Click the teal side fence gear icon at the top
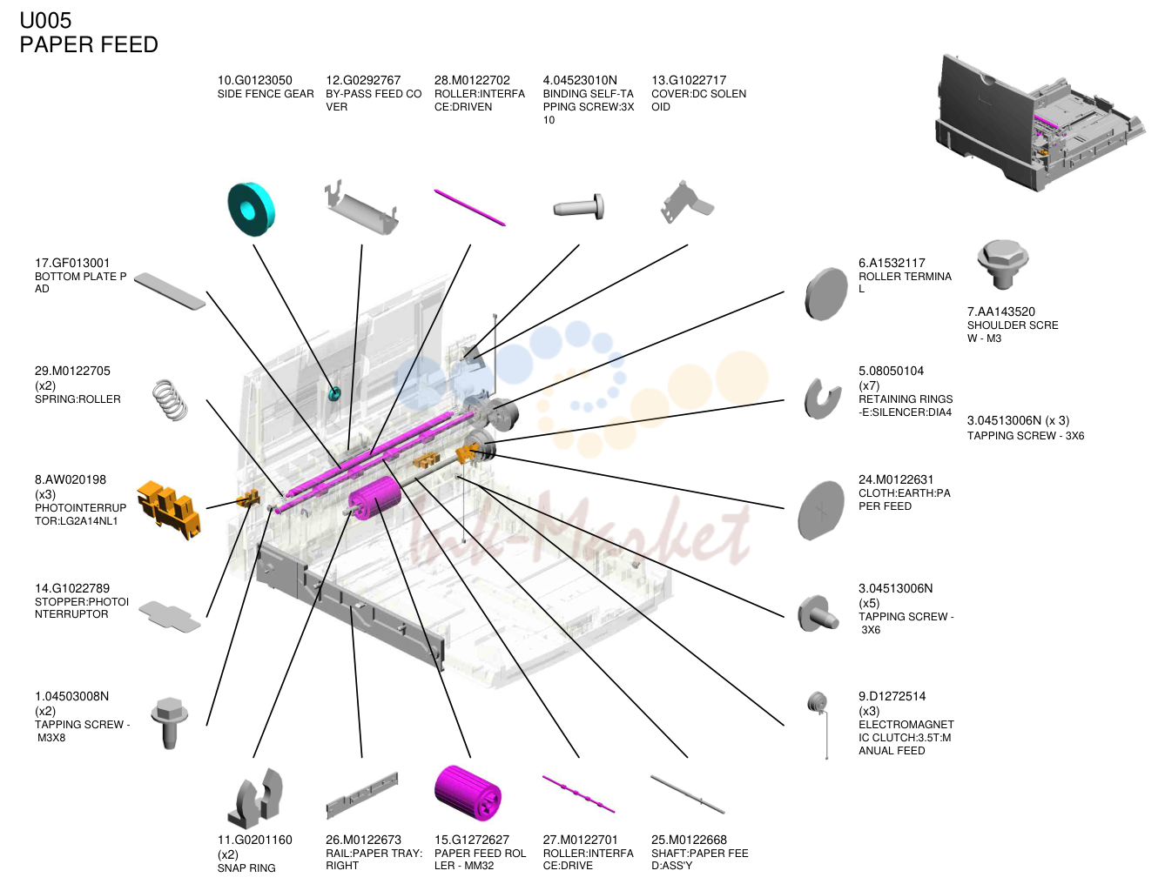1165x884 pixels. (x=251, y=209)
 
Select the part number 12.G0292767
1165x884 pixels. (x=363, y=80)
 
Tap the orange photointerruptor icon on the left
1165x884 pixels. (x=169, y=509)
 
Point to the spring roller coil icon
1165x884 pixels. (x=170, y=400)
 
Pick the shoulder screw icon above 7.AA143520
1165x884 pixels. (x=1002, y=265)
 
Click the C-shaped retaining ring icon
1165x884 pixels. (x=822, y=398)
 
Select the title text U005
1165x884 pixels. (x=45, y=21)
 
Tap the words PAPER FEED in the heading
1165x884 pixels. (x=89, y=44)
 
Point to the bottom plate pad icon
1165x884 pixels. (x=169, y=291)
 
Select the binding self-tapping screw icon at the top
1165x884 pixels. (x=578, y=207)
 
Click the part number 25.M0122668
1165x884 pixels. (x=689, y=840)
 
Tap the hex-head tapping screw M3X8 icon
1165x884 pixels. (x=169, y=723)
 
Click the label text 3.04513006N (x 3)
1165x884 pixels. (x=1018, y=420)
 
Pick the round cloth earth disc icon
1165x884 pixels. (x=820, y=510)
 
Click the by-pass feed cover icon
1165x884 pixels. (x=361, y=208)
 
